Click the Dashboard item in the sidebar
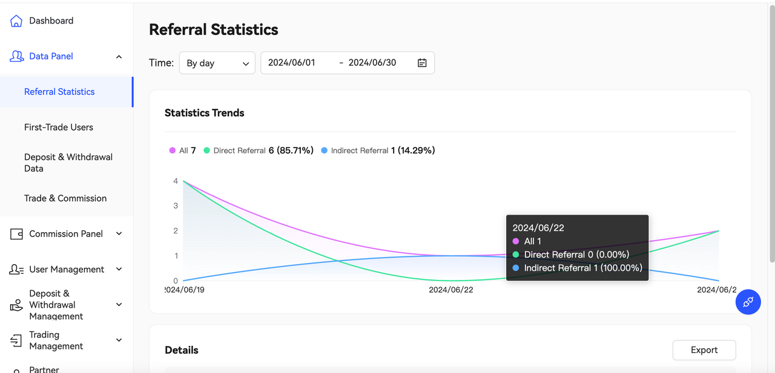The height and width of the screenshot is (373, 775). tap(51, 21)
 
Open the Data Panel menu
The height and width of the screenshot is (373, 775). tap(51, 56)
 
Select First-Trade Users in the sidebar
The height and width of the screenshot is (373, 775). tap(59, 127)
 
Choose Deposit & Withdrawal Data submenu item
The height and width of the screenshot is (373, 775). tap(68, 163)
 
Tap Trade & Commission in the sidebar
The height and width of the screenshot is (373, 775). tap(65, 198)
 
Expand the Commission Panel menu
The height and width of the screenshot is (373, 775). tap(66, 234)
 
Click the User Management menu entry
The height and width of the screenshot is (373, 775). tap(67, 270)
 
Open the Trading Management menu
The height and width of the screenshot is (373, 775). tap(56, 340)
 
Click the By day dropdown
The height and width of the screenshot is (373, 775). tap(217, 63)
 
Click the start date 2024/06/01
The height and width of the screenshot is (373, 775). tap(292, 63)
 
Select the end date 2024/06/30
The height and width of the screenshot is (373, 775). tap(372, 63)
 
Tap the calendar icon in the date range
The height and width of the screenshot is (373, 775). tap(422, 63)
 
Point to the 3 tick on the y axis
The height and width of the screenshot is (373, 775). tap(176, 206)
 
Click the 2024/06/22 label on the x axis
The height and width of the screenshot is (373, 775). tap(450, 290)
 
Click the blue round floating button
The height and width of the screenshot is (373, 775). tap(748, 302)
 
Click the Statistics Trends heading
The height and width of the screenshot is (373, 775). tap(205, 113)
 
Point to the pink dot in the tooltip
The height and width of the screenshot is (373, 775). tap(516, 241)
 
